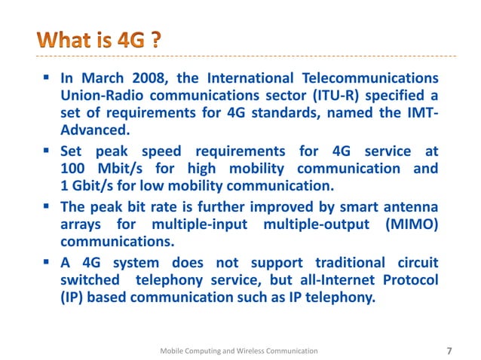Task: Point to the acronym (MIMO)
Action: (408, 224)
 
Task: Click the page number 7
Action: (450, 350)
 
